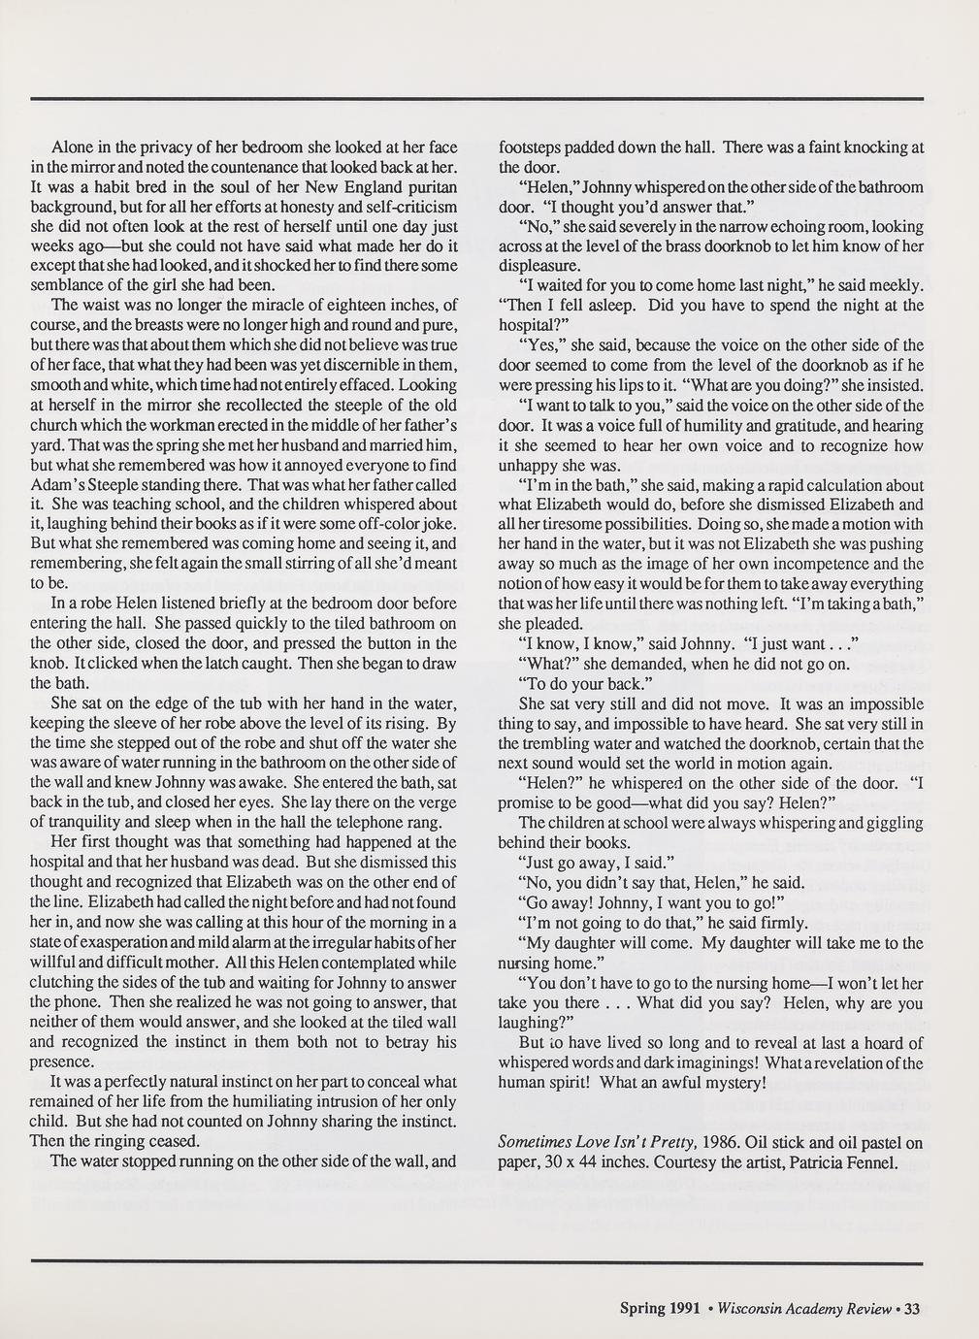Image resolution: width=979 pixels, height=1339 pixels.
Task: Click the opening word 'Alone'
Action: coord(72,148)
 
